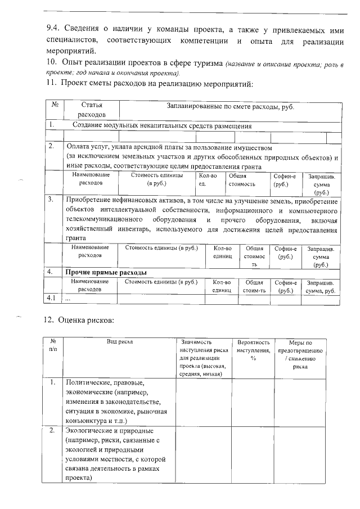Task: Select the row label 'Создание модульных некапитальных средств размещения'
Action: [162, 126]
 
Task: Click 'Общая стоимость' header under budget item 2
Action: [241, 179]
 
